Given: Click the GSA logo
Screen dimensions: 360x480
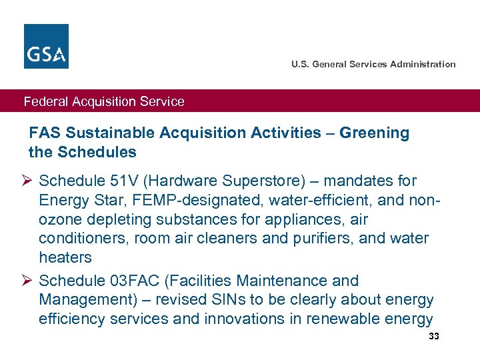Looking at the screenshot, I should click(x=46, y=46).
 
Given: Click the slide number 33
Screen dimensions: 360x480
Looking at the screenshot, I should click(x=434, y=337).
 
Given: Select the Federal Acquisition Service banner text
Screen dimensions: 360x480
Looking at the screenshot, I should click(x=104, y=101).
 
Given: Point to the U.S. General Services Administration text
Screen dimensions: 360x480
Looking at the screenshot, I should click(x=373, y=64).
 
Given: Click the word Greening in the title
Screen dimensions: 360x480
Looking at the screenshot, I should click(x=374, y=133).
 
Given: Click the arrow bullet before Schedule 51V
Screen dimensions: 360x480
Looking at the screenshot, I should click(x=29, y=181).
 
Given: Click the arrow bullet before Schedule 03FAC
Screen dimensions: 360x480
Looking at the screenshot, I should click(x=29, y=281).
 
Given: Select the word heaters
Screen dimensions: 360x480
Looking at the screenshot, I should click(x=65, y=257).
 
